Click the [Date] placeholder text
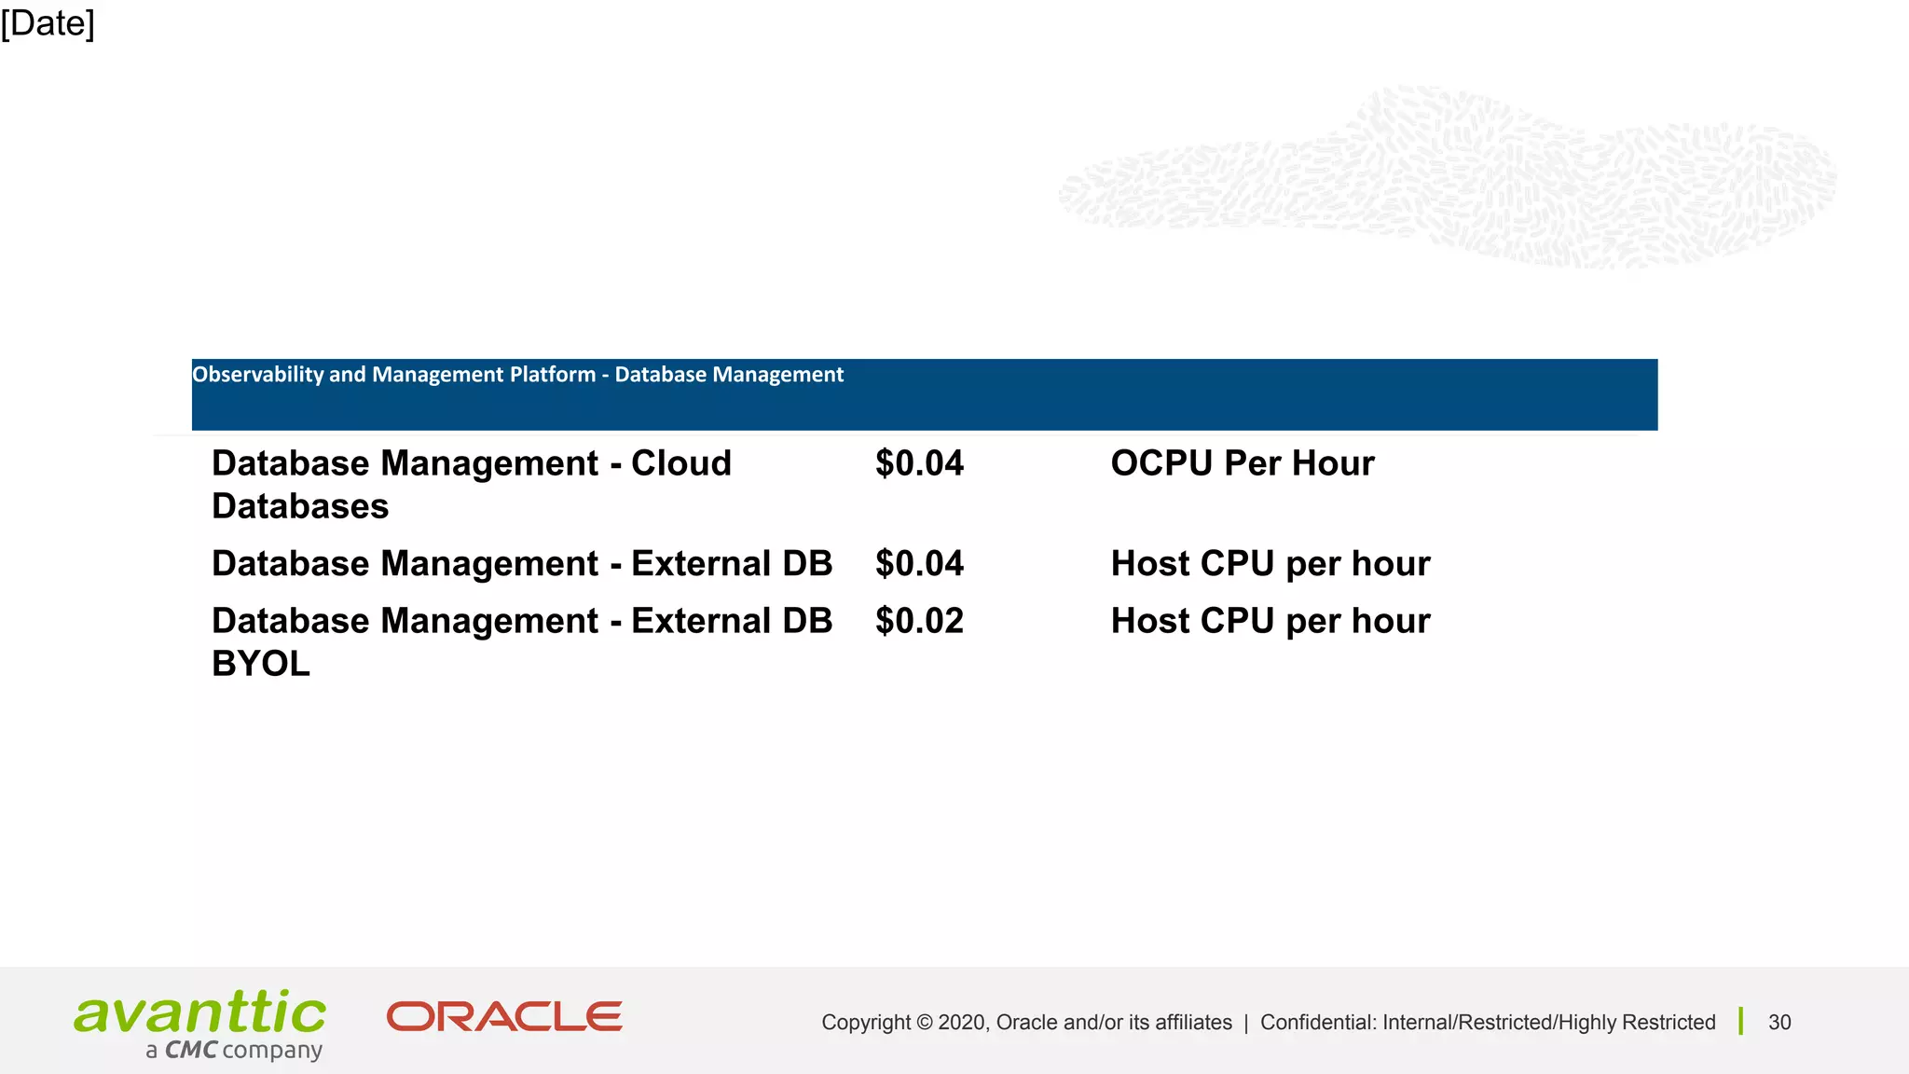tap(48, 23)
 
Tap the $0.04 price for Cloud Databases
tap(919, 463)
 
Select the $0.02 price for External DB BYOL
tap(919, 621)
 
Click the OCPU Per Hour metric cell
tap(1242, 463)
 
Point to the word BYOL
tap(261, 664)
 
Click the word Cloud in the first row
tap(681, 463)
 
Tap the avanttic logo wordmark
tap(200, 1012)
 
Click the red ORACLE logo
tap(504, 1017)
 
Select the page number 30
tap(1779, 1023)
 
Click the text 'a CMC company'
tap(234, 1051)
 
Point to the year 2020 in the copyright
tap(962, 1023)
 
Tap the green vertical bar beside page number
tap(1740, 1021)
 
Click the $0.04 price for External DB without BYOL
tap(919, 564)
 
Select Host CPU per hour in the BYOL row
tap(1270, 621)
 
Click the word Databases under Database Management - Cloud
tap(300, 506)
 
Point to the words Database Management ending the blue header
tap(729, 375)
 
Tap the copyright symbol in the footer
tap(924, 1023)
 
